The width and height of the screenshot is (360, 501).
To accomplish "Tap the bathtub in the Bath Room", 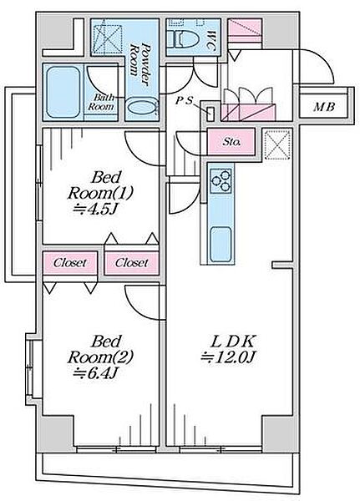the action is pyautogui.click(x=63, y=93).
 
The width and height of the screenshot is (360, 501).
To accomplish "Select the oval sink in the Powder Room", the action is pyautogui.click(x=142, y=108).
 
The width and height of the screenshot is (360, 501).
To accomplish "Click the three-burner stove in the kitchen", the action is pyautogui.click(x=221, y=181).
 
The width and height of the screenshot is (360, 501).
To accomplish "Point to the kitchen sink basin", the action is pyautogui.click(x=221, y=244).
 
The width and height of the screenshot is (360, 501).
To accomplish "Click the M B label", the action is pyautogui.click(x=324, y=107).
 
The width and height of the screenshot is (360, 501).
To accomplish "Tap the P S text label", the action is pyautogui.click(x=185, y=101).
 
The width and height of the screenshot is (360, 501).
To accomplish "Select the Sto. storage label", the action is pyautogui.click(x=231, y=142).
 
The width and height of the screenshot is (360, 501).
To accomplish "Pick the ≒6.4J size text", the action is pyautogui.click(x=95, y=372).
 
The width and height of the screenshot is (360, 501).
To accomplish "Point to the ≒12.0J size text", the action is pyautogui.click(x=227, y=357).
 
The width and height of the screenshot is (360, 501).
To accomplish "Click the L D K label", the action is pyautogui.click(x=232, y=342).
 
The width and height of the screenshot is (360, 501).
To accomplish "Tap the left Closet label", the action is pyautogui.click(x=69, y=263).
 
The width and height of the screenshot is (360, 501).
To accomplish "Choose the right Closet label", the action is pyautogui.click(x=132, y=263).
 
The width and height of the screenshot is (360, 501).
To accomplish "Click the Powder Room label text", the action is pyautogui.click(x=139, y=64).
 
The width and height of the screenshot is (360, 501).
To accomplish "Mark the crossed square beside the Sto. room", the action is pyautogui.click(x=278, y=145).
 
